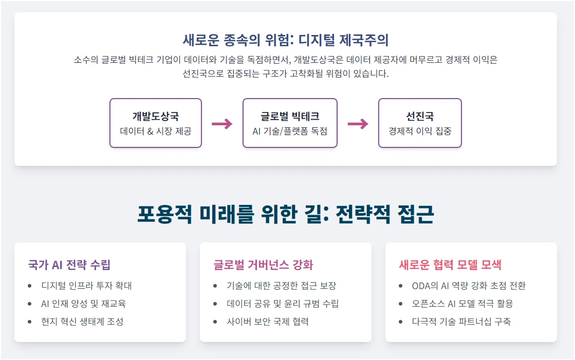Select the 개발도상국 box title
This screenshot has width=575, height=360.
click(155, 116)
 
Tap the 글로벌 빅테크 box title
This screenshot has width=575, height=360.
click(290, 116)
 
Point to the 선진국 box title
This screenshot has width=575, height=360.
click(420, 116)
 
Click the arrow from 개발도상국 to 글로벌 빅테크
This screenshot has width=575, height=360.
click(222, 124)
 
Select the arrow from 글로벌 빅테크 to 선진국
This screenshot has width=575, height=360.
click(358, 124)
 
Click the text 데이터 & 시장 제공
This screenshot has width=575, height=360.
click(155, 131)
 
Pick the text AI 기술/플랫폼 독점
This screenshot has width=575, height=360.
click(290, 131)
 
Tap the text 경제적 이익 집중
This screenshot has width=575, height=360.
click(420, 131)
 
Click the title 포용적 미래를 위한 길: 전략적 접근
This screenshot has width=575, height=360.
click(285, 215)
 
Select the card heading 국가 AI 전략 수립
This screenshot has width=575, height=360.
click(69, 265)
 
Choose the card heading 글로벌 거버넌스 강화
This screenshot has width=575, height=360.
click(263, 265)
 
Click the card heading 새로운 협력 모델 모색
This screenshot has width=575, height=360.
click(450, 265)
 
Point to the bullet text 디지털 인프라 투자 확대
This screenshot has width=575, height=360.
click(87, 286)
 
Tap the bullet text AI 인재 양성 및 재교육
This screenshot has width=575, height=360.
click(84, 304)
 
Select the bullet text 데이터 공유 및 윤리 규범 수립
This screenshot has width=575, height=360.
click(283, 304)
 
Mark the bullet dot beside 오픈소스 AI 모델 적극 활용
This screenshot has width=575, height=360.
click(401, 304)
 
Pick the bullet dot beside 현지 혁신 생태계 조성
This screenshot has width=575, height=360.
click(30, 322)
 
